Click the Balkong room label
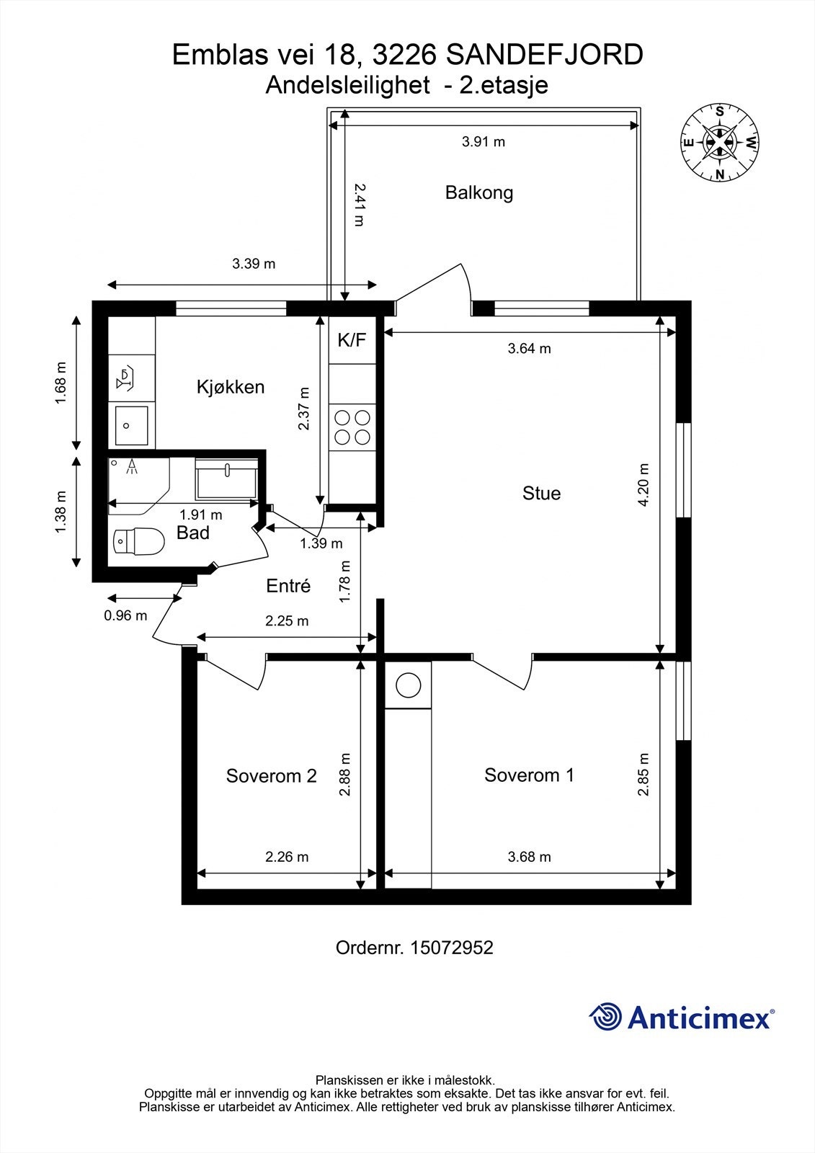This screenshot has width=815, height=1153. pos(478,193)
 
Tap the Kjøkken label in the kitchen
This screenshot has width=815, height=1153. pos(231,386)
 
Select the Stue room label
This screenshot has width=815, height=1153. pos(541,493)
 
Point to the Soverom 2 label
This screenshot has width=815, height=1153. pos(271,775)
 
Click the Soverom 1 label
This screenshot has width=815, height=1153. pos(529,775)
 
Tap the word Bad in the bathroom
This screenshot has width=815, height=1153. pos(192,533)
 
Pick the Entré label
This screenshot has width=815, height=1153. pos(288,586)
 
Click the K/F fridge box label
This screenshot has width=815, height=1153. pos(352,339)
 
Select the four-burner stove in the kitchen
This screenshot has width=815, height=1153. pos(352,427)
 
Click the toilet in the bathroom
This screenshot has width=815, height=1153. pos(138,541)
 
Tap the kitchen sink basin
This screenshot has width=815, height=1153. pos(131,426)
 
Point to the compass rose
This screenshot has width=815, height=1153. pos(720,143)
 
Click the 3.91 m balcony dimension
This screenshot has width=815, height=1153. pos(484,141)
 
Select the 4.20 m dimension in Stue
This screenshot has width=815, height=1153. pos(643,485)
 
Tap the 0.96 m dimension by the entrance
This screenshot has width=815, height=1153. pos(125,615)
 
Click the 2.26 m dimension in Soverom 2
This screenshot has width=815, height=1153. pos(287,857)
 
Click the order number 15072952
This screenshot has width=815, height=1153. pos(451,948)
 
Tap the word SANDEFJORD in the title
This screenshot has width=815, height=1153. pos(544,55)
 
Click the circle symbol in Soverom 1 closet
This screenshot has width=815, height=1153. pos(409,685)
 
